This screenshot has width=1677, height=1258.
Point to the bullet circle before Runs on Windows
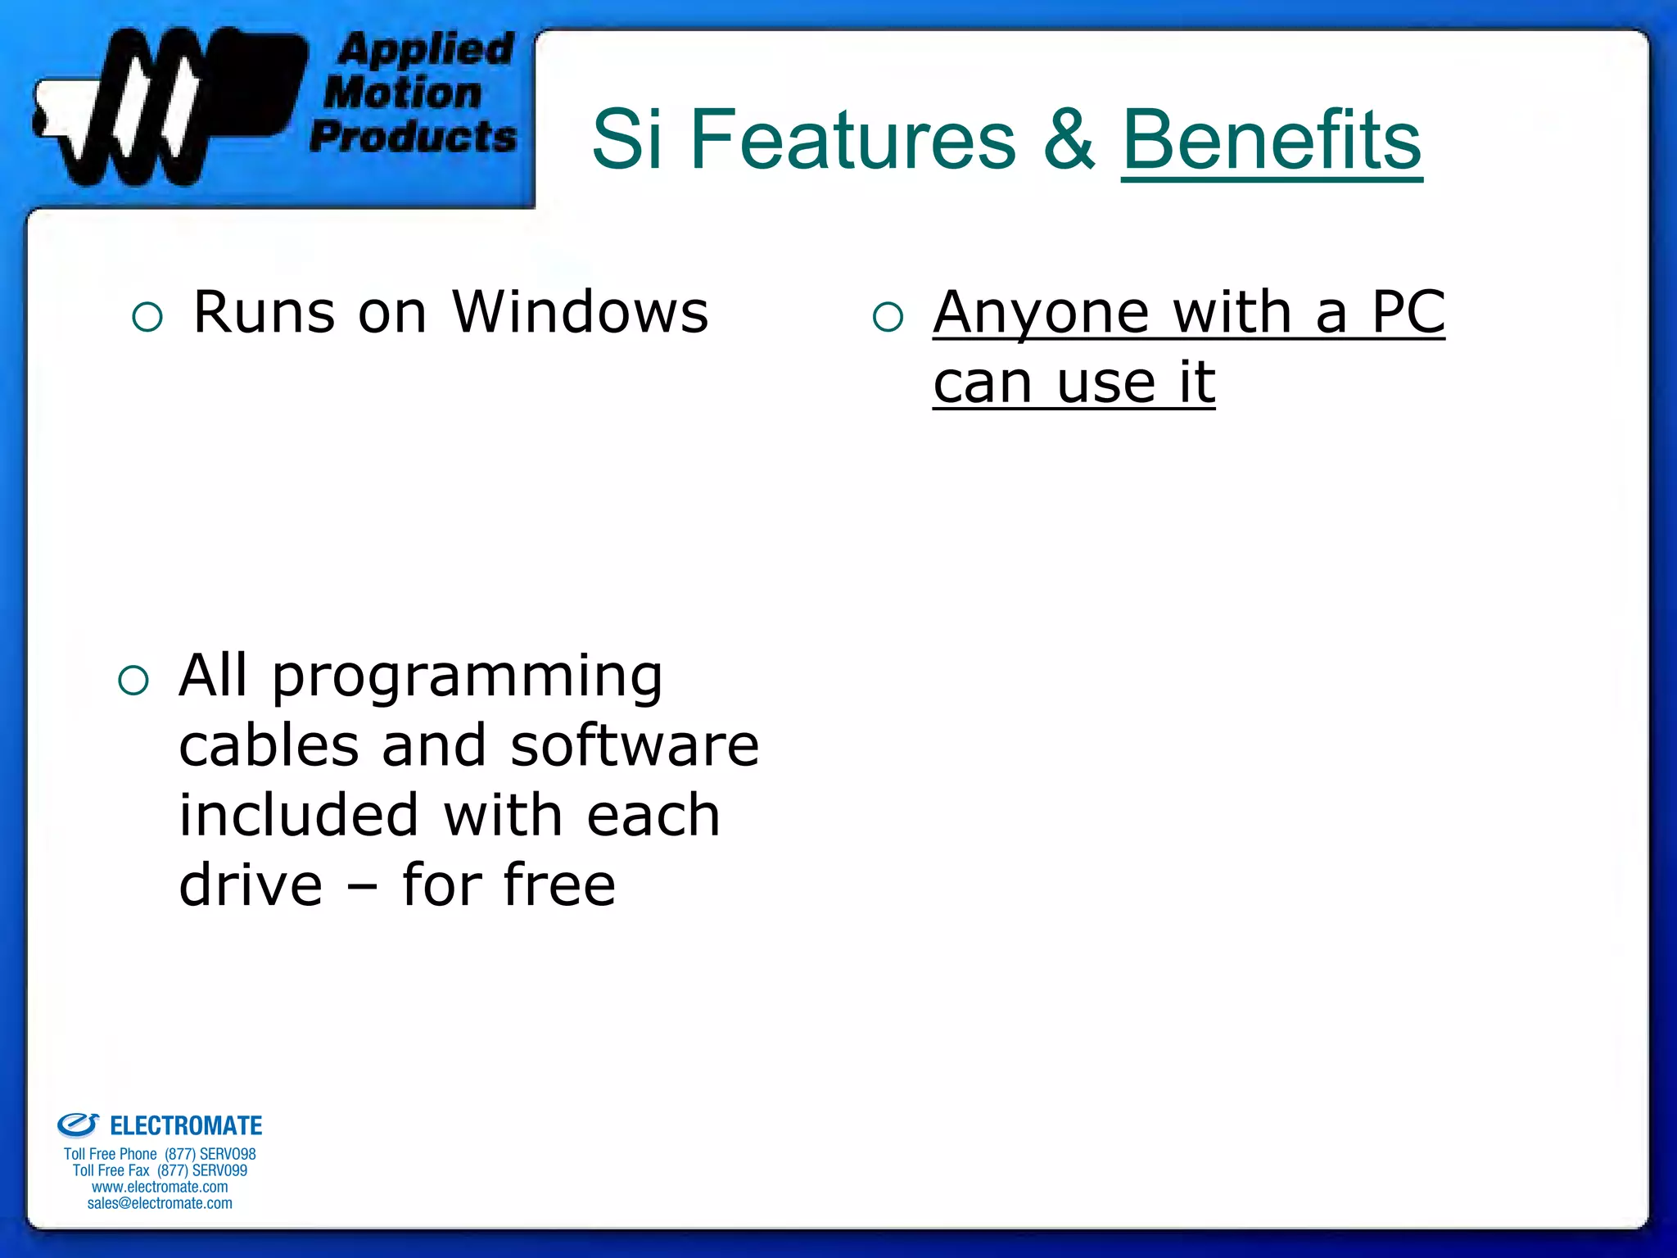pos(147,317)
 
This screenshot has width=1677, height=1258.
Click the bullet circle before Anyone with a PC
pos(888,317)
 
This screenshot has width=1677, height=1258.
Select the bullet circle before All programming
pos(133,680)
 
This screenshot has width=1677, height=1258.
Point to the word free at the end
pos(558,885)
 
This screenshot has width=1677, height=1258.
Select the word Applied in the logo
pos(426,51)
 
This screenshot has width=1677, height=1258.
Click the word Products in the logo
pos(414,136)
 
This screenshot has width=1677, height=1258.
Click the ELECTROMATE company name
pos(186,1126)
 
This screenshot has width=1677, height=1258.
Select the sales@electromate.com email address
pos(160,1203)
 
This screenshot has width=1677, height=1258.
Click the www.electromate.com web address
pos(160,1187)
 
